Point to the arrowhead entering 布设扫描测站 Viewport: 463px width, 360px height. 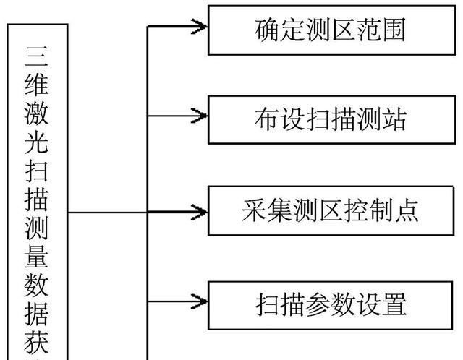[x=200, y=116]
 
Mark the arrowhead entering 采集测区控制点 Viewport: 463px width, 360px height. [x=200, y=212]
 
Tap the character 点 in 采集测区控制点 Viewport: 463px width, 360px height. [x=407, y=211]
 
